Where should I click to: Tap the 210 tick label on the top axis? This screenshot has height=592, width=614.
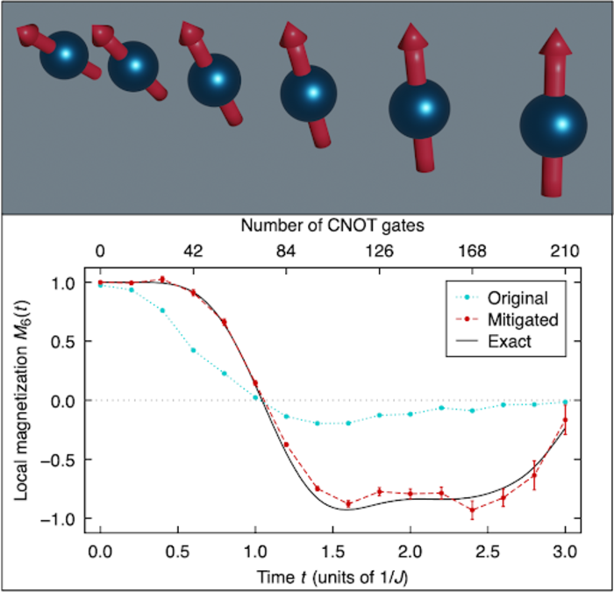565,252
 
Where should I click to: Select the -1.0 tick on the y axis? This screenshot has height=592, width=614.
66,518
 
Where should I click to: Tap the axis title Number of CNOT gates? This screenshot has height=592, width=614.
332,226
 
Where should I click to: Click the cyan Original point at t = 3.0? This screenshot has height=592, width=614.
565,402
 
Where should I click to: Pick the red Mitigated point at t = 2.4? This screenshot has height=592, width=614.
472,510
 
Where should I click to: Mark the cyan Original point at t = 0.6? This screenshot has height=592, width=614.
194,350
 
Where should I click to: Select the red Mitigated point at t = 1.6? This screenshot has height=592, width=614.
348,503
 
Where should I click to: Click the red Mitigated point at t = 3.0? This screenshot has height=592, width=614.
565,420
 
